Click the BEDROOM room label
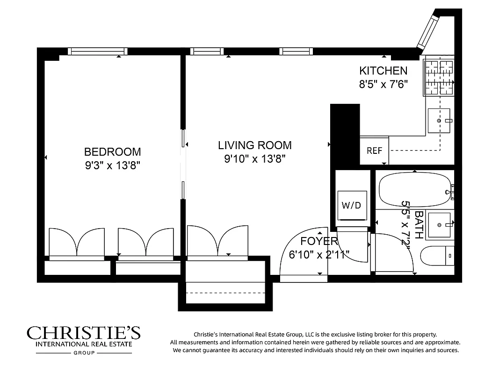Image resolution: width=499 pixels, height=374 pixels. coord(112,151)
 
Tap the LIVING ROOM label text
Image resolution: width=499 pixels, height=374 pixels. coord(254,145)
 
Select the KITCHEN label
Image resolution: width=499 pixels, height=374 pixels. coord(383,71)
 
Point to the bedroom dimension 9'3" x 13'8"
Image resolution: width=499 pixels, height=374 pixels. coord(112,165)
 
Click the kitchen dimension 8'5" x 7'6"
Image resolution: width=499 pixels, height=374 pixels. coord(383,84)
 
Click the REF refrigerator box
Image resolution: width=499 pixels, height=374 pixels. coord(374,151)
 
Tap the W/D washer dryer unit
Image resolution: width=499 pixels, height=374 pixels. coord(352,205)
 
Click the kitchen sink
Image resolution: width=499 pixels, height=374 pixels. coord(439,121)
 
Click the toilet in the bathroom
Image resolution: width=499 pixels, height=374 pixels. coord(437,256)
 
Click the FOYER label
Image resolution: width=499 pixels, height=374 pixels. coord(319,241)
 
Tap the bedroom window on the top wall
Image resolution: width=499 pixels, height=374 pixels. coord(98,51)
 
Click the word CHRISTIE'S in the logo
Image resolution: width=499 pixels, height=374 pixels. coord(83,333)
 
